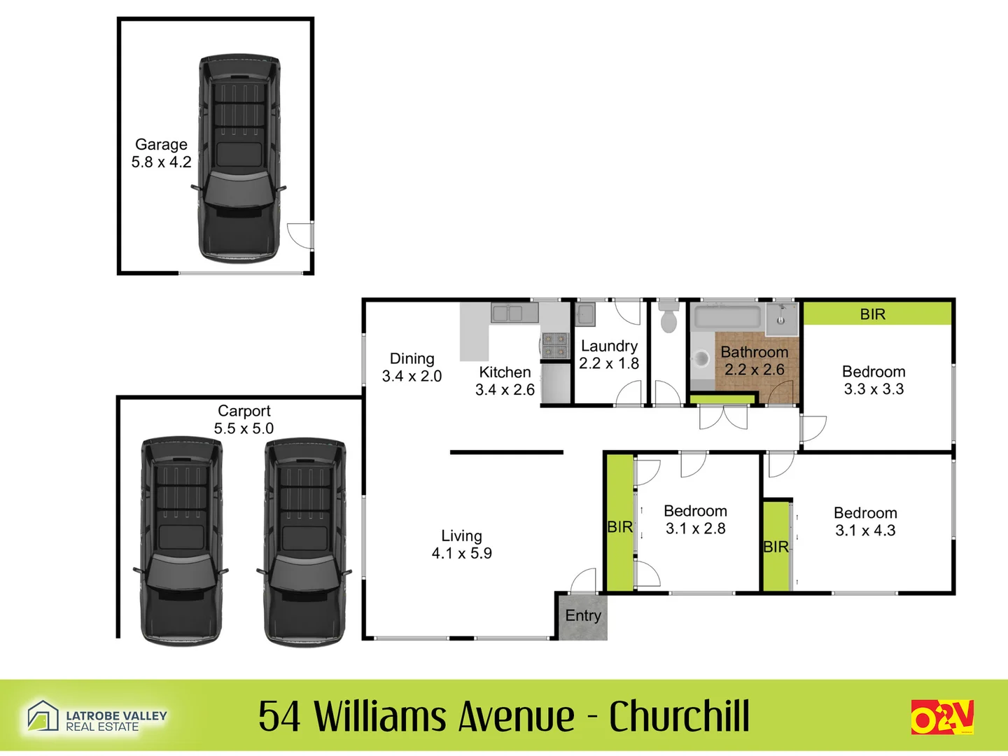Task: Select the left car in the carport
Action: (181, 540)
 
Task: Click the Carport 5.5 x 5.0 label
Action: (244, 419)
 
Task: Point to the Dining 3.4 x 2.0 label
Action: (412, 367)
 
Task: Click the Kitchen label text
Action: (505, 373)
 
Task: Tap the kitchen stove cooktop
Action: (555, 345)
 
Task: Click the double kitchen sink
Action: (507, 313)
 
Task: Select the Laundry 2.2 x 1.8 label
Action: (609, 354)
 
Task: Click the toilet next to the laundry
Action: (668, 317)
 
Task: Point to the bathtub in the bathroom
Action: (727, 316)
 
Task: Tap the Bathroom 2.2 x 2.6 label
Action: (754, 360)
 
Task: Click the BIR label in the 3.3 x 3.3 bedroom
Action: (873, 314)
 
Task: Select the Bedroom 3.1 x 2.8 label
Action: (695, 519)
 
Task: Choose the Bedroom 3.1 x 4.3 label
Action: (865, 521)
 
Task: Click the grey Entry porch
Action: (582, 616)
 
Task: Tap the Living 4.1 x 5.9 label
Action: (461, 545)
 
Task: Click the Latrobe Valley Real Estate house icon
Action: (43, 716)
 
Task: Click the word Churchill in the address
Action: (679, 716)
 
